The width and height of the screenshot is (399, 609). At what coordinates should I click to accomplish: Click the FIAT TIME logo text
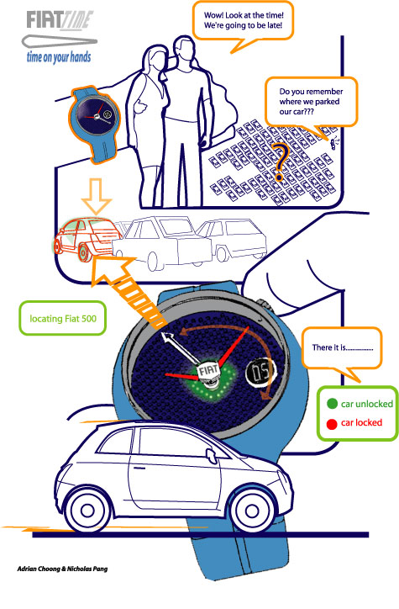coord(60,20)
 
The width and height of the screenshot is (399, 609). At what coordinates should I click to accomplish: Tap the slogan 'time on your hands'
coord(59,57)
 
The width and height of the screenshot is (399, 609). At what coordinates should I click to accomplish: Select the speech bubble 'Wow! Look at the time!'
coord(243,23)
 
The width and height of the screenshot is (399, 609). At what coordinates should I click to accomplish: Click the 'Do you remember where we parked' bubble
coord(311,102)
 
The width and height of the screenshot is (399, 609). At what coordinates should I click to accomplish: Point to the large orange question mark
coord(281,162)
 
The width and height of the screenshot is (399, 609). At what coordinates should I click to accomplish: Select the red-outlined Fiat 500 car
coord(86,239)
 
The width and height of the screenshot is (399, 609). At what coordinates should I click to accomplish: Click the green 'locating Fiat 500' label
coord(62,319)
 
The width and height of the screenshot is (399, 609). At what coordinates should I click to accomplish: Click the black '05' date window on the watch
coord(260,373)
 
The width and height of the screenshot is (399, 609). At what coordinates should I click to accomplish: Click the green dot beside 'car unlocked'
coord(332,404)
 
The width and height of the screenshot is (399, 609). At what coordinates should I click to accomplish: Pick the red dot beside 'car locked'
coord(332,424)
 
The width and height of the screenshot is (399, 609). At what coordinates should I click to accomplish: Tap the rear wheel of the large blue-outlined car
coord(87,512)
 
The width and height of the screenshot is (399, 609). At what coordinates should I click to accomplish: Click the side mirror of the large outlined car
coord(212,454)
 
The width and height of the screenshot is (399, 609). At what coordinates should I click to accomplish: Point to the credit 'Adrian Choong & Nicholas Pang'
coord(62,569)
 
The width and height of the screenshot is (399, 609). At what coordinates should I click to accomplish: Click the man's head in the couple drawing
coord(183,49)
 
